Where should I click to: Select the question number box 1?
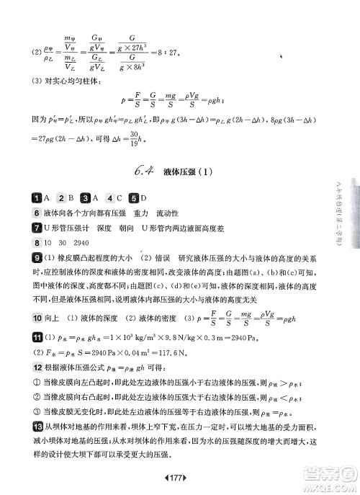(x=36, y=198)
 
